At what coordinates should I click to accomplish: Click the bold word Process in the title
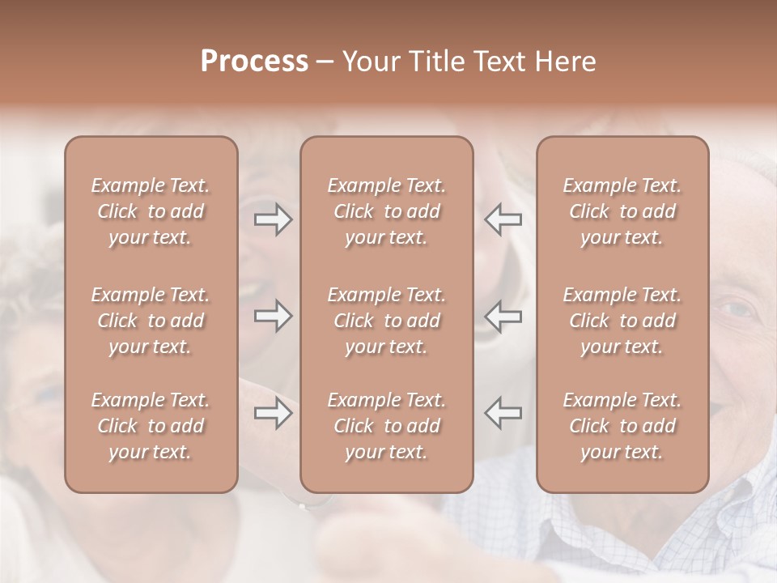pos(254,62)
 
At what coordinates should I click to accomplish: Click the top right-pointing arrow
pos(274,219)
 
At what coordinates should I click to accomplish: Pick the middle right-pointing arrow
pos(274,316)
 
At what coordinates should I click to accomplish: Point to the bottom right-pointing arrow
pos(274,413)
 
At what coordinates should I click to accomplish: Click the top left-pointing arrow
pos(503,219)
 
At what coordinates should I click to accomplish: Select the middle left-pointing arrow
pos(503,316)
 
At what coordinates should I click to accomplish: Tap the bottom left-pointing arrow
pos(503,413)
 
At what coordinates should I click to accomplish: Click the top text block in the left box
pos(151,211)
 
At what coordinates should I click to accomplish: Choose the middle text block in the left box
pos(151,321)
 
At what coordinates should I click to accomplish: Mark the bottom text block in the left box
pos(151,426)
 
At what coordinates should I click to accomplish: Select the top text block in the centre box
pos(387,211)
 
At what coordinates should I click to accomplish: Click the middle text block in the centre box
pos(387,321)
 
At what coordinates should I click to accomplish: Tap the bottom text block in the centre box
pos(387,426)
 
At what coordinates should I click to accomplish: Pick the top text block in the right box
pos(622,211)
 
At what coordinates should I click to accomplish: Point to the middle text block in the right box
pos(622,321)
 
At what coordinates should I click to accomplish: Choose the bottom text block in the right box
pos(622,426)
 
